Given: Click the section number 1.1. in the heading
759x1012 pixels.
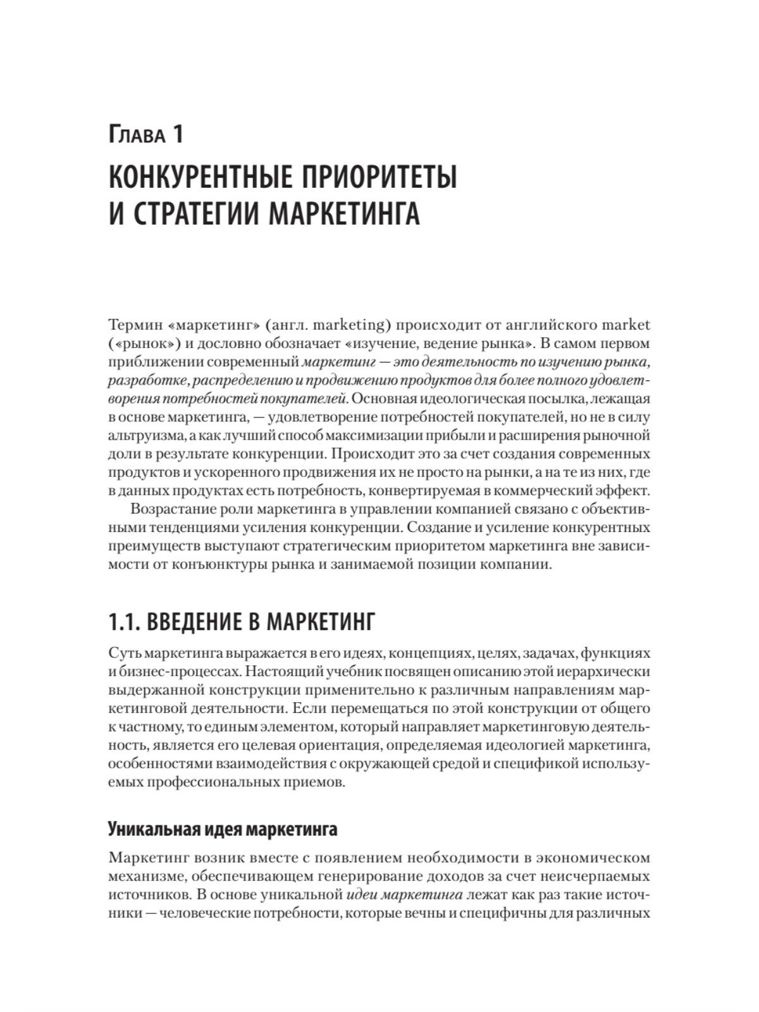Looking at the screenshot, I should [x=124, y=622].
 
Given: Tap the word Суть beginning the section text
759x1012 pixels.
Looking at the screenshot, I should [x=123, y=652].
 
